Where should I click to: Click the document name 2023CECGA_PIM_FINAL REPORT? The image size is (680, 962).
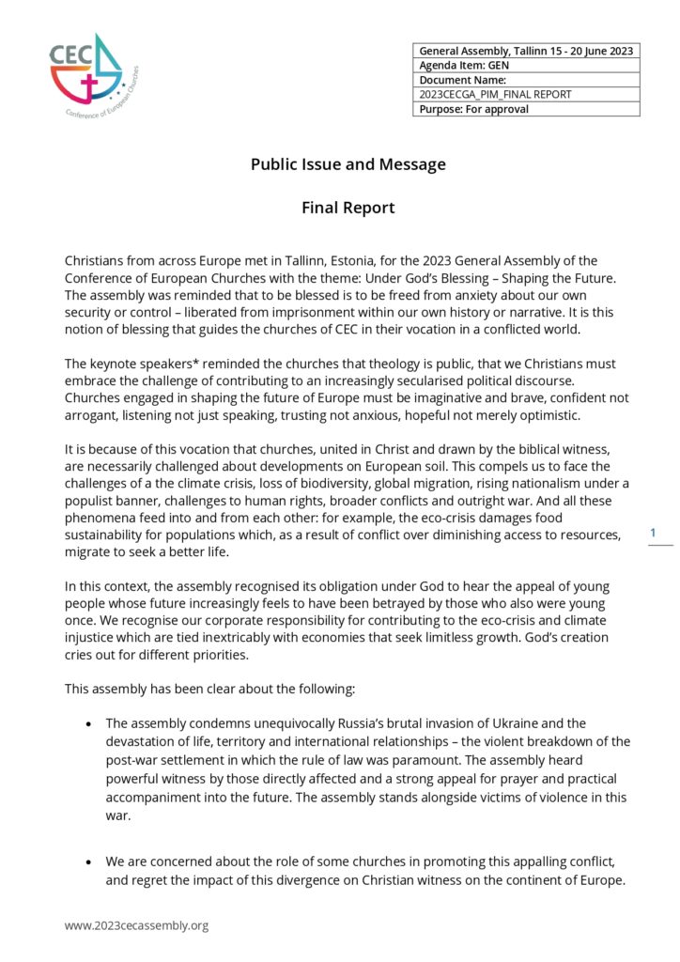[x=495, y=94]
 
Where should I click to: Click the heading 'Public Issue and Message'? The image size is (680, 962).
[x=348, y=164]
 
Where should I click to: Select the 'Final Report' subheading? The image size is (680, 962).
[x=348, y=208]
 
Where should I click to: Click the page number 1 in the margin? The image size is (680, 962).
[x=654, y=534]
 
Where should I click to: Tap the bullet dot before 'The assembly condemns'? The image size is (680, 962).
[x=88, y=723]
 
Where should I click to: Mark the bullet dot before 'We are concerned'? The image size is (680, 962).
[x=88, y=861]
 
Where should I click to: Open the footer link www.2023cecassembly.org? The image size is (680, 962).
[x=136, y=925]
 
